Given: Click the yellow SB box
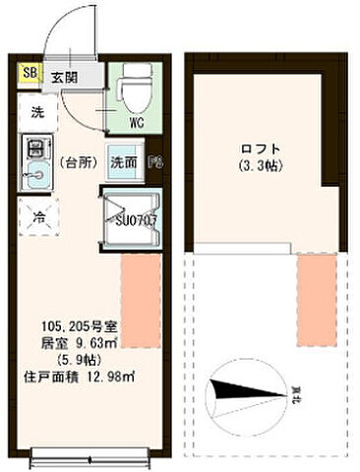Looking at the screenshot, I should tap(30, 73).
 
